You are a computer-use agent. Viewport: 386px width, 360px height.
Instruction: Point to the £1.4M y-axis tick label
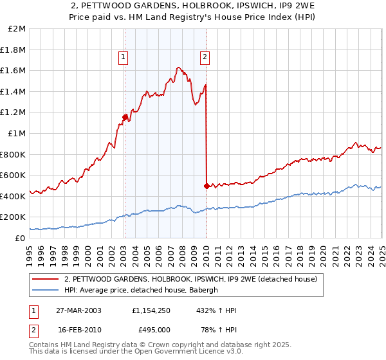pyautogui.click(x=14, y=91)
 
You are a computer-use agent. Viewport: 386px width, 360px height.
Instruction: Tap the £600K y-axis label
pyautogui.click(x=14, y=175)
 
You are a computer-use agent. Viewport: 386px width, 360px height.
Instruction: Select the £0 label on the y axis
pyautogui.click(x=20, y=237)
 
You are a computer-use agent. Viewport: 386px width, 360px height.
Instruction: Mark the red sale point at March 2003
pyautogui.click(x=125, y=117)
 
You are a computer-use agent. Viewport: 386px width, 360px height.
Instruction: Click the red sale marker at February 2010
pyautogui.click(x=207, y=186)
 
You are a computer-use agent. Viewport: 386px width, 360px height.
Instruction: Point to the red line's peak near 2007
pyautogui.click(x=178, y=67)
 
